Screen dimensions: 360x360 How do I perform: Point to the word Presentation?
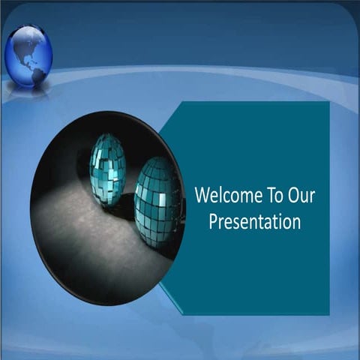click(254, 222)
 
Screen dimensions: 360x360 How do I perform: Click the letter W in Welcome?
click(201, 196)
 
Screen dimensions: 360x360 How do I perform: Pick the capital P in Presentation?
click(213, 222)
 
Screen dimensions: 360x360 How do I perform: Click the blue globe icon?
click(28, 55)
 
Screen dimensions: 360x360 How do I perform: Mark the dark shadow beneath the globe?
click(28, 91)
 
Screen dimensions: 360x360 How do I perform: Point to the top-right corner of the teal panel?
click(328, 103)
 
